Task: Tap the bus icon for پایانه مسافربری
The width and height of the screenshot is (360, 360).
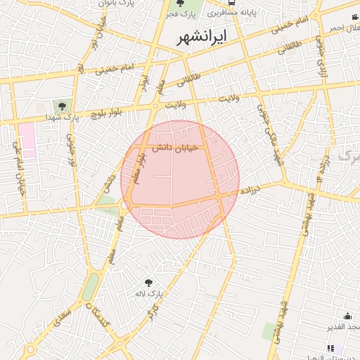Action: pos(232,13)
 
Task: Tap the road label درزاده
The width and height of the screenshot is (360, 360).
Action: pos(251,191)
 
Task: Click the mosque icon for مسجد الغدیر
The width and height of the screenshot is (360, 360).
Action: pos(348,316)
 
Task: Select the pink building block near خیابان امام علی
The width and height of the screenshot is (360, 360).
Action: pos(27,139)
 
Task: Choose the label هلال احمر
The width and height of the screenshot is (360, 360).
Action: pos(343,28)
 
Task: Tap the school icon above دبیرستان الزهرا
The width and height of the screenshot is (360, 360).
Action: pos(331,347)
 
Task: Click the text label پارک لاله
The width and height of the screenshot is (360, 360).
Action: pos(150,293)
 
